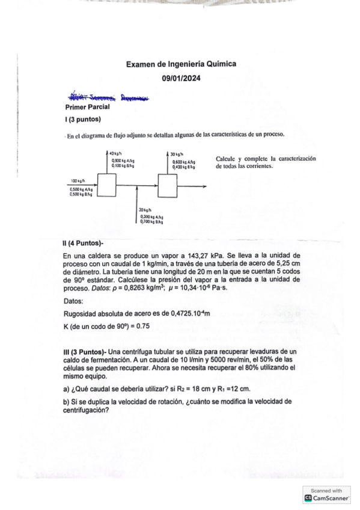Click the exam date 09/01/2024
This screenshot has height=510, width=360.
point(180,78)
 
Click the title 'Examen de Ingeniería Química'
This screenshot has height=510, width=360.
point(180,64)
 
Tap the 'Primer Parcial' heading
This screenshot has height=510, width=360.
point(87,106)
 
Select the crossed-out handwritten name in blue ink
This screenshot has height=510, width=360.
point(109,96)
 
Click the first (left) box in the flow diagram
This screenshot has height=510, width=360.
point(106,185)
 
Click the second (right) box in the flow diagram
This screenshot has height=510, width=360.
point(168,185)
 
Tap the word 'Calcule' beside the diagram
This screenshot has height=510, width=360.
point(226,158)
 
